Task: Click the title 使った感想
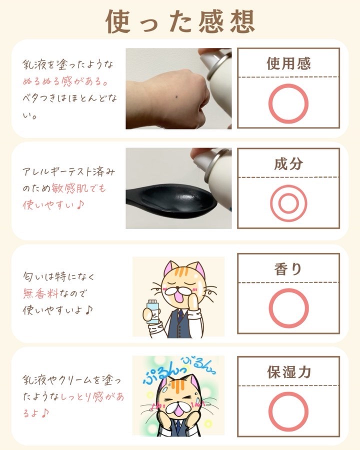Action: (x=180, y=21)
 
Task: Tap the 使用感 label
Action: (x=288, y=63)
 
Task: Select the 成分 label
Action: (x=288, y=163)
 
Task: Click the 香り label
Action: (x=288, y=269)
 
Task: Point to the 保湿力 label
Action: (x=289, y=372)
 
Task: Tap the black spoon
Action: (x=171, y=200)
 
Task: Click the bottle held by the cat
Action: (x=153, y=311)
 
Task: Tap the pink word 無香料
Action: (x=41, y=293)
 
